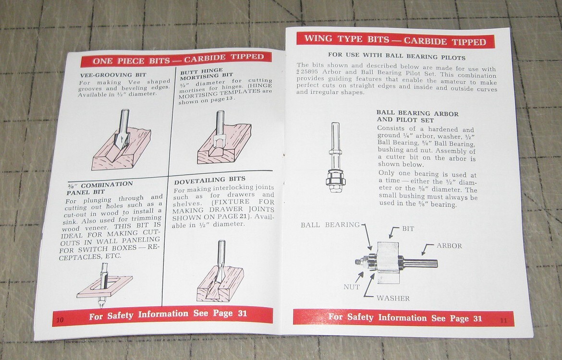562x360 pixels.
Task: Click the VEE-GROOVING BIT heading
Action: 106,75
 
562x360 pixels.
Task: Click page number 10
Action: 59,320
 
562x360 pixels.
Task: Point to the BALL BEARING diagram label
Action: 330,225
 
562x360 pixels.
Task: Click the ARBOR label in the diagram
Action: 449,246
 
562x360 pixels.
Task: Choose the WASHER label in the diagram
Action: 393,298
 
